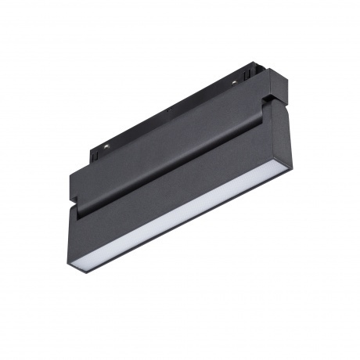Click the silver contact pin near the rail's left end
click(x=105, y=145)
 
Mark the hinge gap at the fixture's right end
click(x=268, y=99)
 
